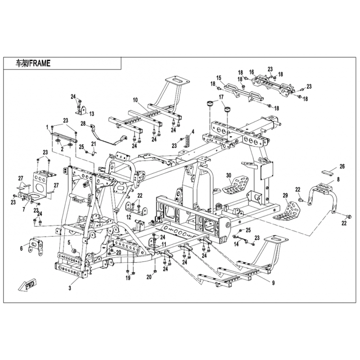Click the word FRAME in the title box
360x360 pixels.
point(40,64)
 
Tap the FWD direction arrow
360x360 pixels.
point(28,285)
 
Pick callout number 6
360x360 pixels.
point(21,247)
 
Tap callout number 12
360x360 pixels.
point(129,217)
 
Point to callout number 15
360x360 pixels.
point(219,78)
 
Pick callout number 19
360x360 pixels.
point(128,279)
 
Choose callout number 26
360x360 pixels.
point(342,166)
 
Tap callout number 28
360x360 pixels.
point(83,123)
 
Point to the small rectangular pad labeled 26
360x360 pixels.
point(327,172)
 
